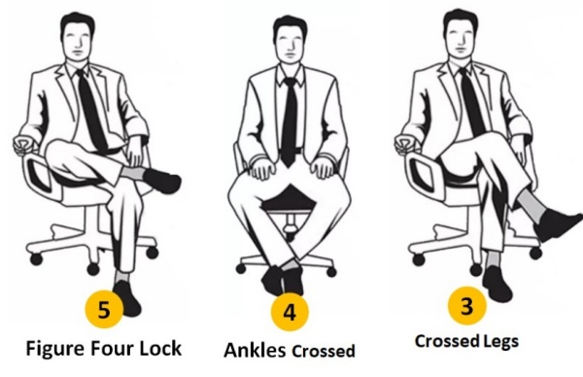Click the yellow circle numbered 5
[104, 309]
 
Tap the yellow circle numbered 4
[290, 312]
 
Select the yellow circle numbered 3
[467, 306]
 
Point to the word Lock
[160, 349]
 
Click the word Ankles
[255, 350]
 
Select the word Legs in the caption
[501, 341]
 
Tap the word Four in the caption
[112, 349]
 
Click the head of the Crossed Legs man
[461, 33]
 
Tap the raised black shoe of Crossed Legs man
[558, 223]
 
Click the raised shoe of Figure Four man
[162, 181]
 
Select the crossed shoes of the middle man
[283, 281]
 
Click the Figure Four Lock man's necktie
[91, 110]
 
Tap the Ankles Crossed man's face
[291, 44]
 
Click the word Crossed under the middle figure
[324, 351]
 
